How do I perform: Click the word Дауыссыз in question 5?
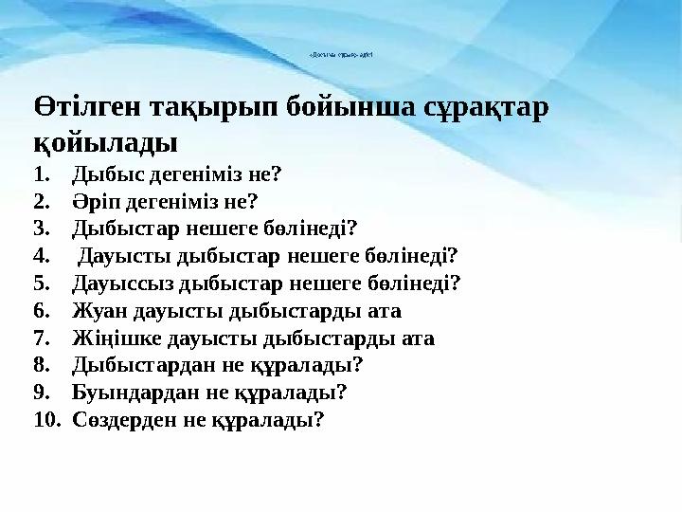pos(117,283)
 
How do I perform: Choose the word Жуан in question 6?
pos(95,310)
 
